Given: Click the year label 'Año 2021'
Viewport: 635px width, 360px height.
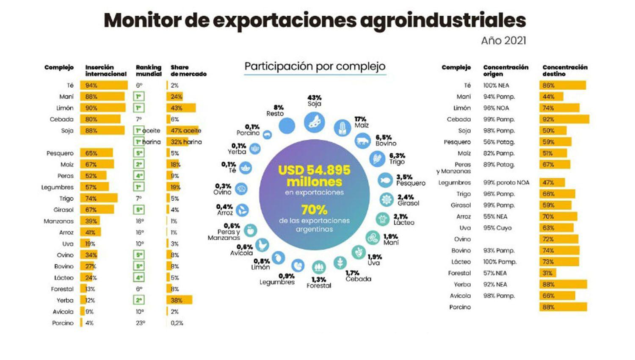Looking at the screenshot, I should tap(503, 41).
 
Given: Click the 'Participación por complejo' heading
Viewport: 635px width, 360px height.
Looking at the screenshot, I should tap(315, 66).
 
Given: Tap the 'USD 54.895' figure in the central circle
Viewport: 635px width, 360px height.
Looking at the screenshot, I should tap(314, 170).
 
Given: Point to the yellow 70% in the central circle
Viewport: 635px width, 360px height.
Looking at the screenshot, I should tap(314, 210).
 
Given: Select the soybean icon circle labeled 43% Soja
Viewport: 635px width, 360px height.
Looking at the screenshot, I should tap(314, 122).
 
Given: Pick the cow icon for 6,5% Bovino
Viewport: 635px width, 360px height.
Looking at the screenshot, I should tap(362, 141).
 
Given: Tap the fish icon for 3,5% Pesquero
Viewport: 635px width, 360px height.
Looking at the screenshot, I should tap(385, 180).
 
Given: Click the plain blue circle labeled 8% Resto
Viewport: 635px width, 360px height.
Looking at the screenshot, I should tap(287, 126).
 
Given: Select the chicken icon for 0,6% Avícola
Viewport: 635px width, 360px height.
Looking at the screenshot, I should tap(262, 245).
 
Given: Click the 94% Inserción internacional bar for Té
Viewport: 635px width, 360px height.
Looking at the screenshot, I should tap(104, 86).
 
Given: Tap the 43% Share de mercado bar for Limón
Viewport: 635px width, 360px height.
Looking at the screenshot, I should tap(181, 108).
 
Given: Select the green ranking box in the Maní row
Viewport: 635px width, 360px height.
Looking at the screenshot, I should tap(138, 97).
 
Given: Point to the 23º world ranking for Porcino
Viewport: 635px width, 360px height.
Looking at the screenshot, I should tap(140, 323).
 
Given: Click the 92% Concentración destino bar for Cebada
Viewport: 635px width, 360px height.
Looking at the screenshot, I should tap(564, 119).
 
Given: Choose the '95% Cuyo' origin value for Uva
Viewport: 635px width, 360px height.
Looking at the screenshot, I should tap(497, 228).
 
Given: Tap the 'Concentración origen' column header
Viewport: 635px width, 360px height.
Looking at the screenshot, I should tap(505, 70).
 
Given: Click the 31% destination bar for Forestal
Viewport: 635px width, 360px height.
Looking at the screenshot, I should tap(548, 273).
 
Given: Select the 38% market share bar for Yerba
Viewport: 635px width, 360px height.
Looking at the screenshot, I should tap(179, 300).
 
